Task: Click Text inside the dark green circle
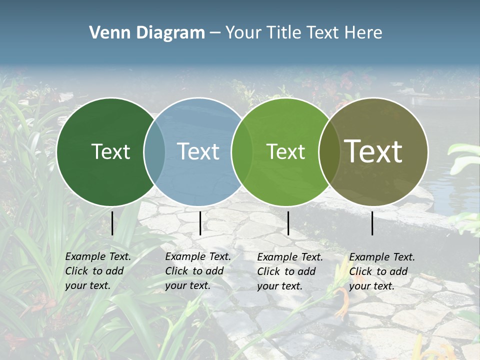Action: pos(110,151)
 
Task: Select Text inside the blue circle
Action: pos(198,151)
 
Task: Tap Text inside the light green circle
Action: pos(285,151)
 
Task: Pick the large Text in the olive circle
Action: pos(373,151)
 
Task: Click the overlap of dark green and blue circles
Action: pos(154,151)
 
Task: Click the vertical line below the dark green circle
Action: pos(112,223)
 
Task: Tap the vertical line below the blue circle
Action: pos(200,223)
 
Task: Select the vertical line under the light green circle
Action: pos(288,223)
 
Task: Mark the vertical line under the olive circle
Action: pos(372,223)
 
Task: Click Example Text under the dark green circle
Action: pos(98,256)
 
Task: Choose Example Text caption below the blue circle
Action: pos(198,256)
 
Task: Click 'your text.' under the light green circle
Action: pos(279,286)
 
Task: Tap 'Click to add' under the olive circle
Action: pos(378,271)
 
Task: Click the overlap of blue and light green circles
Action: pos(242,151)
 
